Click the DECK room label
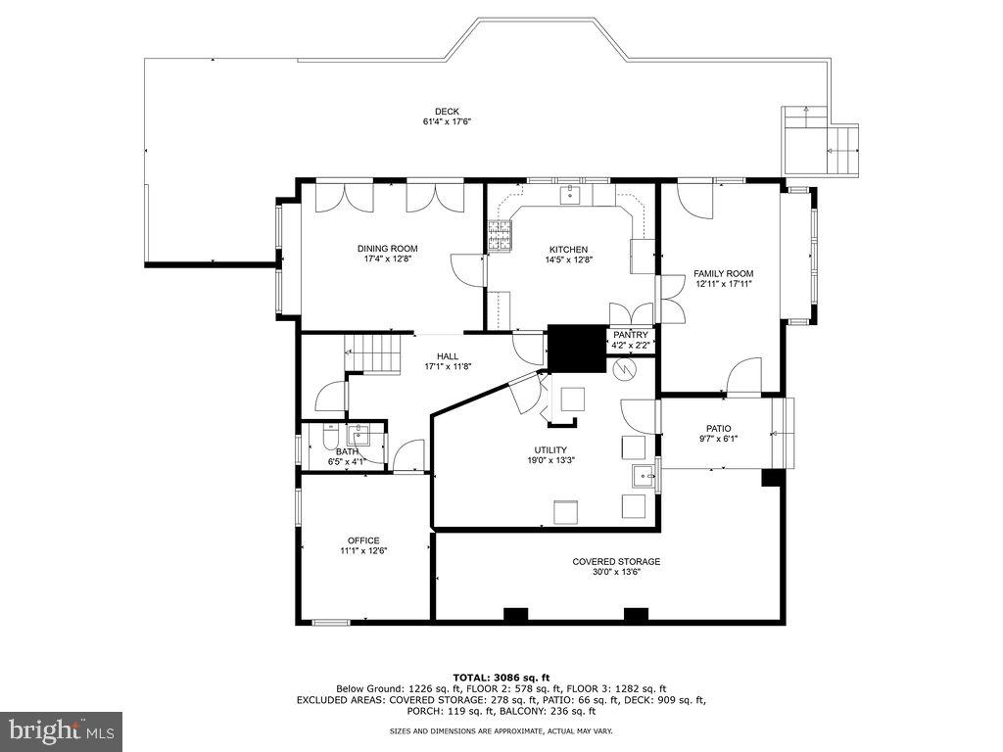[x=447, y=111]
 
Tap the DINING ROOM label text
[x=387, y=248]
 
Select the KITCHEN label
[x=568, y=248]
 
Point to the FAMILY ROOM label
[x=723, y=273]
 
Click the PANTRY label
[x=631, y=334]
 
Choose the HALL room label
[x=448, y=355]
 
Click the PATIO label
[x=718, y=428]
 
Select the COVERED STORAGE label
[x=616, y=561]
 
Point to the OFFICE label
[x=363, y=540]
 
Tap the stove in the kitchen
[x=500, y=235]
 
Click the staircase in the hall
[x=373, y=352]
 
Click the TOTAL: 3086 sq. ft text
[x=501, y=677]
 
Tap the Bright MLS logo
[x=61, y=730]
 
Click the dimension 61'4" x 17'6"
[x=448, y=121]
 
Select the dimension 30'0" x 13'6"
[x=616, y=573]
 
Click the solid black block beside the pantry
[x=577, y=347]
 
